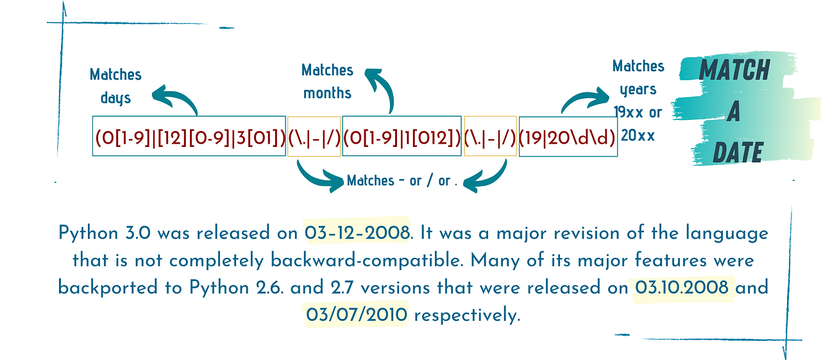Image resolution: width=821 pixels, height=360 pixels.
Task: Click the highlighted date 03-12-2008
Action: coord(357,232)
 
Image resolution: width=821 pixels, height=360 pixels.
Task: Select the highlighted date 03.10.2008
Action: coord(682,287)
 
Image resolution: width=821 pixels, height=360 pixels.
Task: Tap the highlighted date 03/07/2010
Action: coord(357,316)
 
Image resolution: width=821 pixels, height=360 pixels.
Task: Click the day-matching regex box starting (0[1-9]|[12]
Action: coord(189,136)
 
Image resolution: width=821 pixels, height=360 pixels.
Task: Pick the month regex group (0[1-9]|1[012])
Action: coord(402,136)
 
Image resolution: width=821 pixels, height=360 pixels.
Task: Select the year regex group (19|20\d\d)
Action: coord(568,136)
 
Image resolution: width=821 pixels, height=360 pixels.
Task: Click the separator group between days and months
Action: coord(314,136)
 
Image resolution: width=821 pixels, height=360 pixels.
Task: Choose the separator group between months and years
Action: coord(490,136)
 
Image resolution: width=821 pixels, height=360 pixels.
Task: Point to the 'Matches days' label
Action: coord(115,86)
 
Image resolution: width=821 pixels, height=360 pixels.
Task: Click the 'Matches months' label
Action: coord(327,81)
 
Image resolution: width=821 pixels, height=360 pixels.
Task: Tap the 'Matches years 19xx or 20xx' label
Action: coord(638,100)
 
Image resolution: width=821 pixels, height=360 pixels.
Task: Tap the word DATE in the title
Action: coord(738,153)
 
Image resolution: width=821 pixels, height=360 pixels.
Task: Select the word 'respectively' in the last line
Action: coord(466,316)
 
